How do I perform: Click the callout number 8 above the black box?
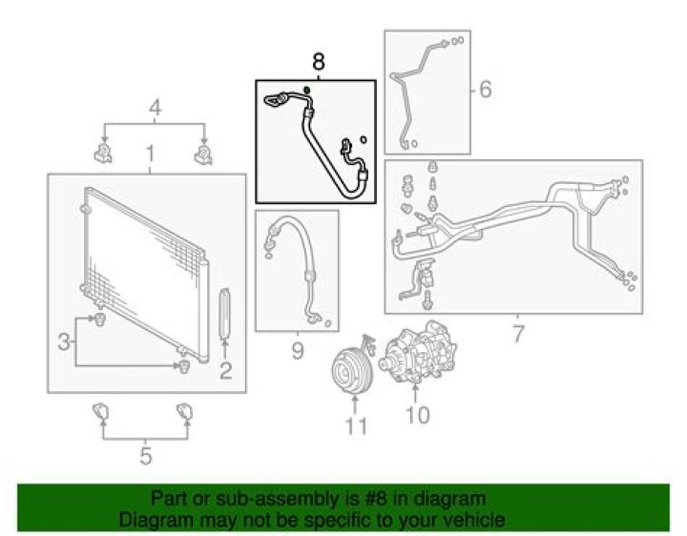319,62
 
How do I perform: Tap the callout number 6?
485,90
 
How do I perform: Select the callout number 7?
518,334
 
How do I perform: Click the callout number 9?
298,351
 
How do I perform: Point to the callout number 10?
418,415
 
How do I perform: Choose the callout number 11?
356,426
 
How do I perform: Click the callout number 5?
146,456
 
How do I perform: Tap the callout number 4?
156,108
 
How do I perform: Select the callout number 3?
64,342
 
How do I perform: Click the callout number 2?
225,371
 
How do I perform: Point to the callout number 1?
150,154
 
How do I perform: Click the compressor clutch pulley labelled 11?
352,372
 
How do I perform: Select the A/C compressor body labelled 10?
419,352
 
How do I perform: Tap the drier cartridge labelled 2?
225,314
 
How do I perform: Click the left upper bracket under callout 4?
103,153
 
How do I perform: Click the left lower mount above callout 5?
100,411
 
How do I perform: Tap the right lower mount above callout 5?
184,412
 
